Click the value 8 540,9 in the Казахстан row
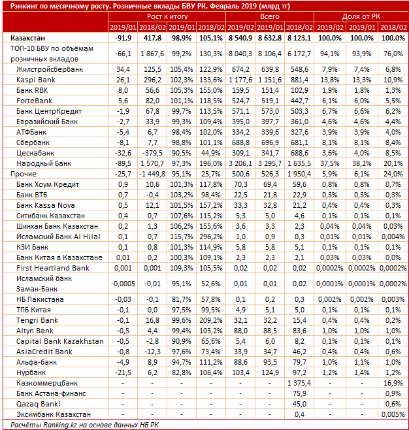pyautogui.click(x=239, y=38)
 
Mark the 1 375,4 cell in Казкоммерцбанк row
pyautogui.click(x=299, y=382)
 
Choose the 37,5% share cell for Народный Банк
pyautogui.click(x=327, y=162)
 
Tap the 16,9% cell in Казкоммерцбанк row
pyautogui.click(x=393, y=382)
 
